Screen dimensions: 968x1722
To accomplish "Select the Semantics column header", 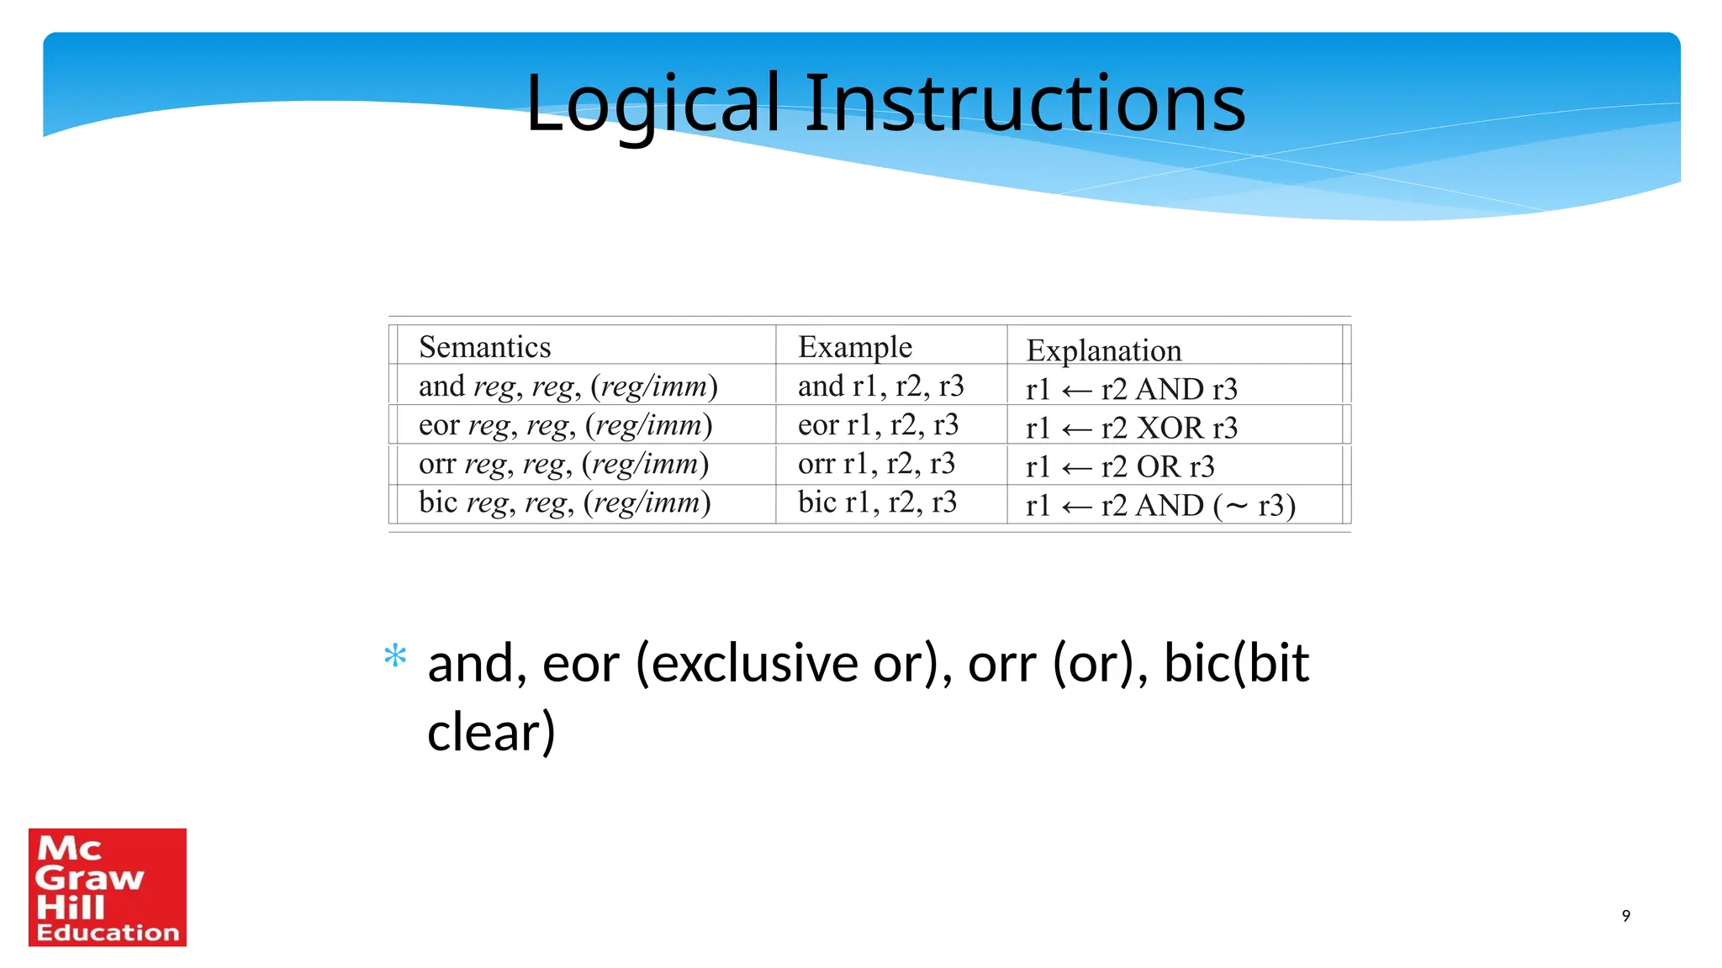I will coord(484,347).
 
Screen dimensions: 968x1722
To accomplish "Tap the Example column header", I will coord(854,347).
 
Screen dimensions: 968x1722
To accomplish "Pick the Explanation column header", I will coord(1103,350).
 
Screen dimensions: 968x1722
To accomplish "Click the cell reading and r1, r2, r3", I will coord(880,386).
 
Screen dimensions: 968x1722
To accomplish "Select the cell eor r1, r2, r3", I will coord(878,424).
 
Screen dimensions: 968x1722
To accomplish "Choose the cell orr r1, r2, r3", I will coord(876,463).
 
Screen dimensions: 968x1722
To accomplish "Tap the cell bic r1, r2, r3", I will coord(877,502).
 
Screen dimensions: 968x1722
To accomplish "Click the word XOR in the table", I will coord(1170,428).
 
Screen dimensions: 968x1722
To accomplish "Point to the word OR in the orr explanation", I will coord(1158,466).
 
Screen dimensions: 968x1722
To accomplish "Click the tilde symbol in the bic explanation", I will coord(1236,505).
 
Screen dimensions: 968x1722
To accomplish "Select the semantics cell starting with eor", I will coord(565,424).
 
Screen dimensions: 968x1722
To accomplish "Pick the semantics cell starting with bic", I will coord(565,502).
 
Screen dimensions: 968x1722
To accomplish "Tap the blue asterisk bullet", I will coord(395,655).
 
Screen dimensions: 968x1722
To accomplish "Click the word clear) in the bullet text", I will coord(491,732).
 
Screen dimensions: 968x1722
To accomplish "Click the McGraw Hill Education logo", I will coord(108,887).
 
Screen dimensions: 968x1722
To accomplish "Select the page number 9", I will coord(1625,916).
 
